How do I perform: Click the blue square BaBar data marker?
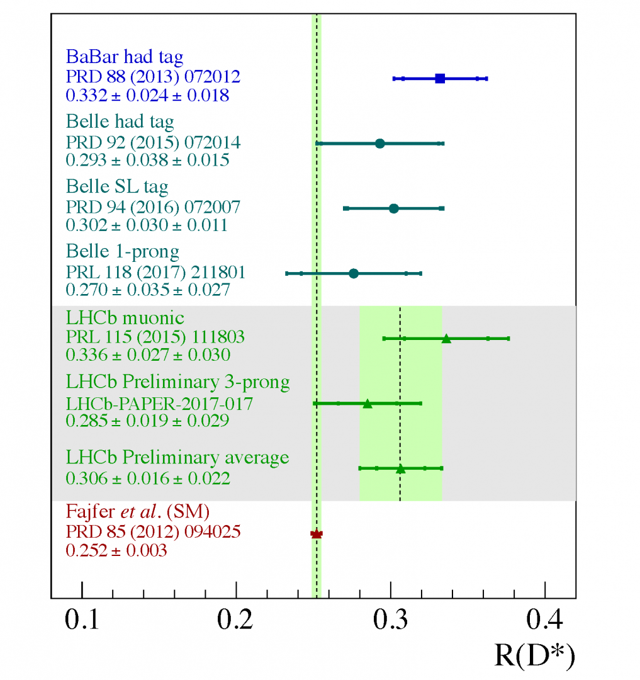[x=440, y=79]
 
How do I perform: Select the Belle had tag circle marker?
[x=379, y=144]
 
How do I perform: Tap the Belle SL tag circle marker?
[x=393, y=208]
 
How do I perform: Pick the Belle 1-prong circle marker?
[x=353, y=273]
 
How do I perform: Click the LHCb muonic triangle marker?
[x=446, y=339]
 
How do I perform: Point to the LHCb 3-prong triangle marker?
[x=368, y=404]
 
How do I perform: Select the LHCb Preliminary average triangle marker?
[x=400, y=468]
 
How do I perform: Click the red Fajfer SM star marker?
[x=317, y=534]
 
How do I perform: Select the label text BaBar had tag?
[x=125, y=58]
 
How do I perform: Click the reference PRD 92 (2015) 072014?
[x=153, y=143]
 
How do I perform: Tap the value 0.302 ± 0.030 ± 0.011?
[x=147, y=225]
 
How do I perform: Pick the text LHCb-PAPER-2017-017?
[x=159, y=404]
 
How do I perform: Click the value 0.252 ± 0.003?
[x=116, y=550]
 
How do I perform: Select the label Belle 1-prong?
[x=123, y=252]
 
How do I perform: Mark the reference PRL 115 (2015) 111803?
[x=155, y=338]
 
